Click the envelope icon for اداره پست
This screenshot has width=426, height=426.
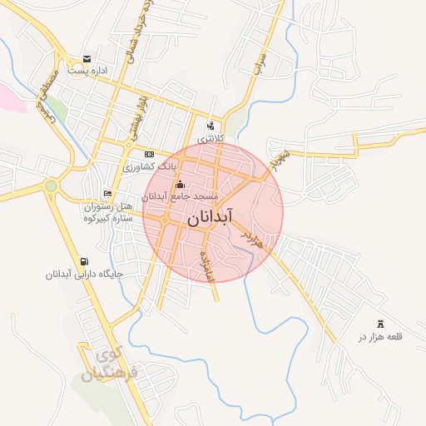click(x=87, y=58)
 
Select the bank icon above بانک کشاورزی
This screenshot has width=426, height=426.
click(x=149, y=154)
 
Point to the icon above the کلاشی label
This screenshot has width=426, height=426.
click(x=210, y=126)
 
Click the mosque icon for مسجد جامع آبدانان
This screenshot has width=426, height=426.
click(x=181, y=184)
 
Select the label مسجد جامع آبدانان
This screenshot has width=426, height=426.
click(x=180, y=196)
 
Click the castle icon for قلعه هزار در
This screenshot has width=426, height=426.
click(x=381, y=324)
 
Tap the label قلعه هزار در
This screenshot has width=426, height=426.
click(x=380, y=337)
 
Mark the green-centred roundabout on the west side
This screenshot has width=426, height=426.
click(x=52, y=186)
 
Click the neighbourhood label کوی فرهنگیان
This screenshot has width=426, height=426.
click(x=115, y=367)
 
